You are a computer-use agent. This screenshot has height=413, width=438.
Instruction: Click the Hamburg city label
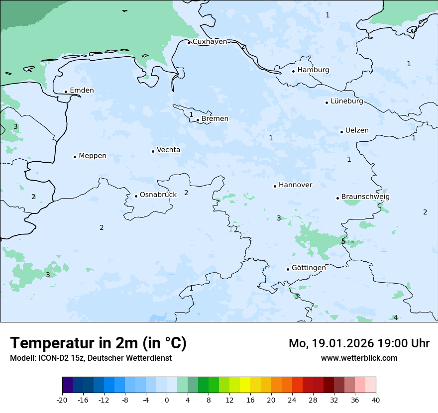[x=313, y=70]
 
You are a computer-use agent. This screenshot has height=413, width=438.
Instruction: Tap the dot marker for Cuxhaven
[x=189, y=43]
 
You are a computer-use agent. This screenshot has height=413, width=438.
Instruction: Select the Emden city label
[x=82, y=90]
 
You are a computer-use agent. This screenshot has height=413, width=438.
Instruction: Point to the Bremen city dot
[x=198, y=120]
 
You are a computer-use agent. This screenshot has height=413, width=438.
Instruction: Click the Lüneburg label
[x=346, y=101]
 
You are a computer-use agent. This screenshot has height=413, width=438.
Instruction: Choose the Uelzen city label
[x=357, y=130]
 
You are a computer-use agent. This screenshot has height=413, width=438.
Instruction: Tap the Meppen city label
[x=92, y=156]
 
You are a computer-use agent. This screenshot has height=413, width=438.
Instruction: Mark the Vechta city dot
[x=153, y=151]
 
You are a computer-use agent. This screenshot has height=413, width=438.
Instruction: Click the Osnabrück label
[x=158, y=195]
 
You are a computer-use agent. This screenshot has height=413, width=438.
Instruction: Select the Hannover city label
[x=295, y=185]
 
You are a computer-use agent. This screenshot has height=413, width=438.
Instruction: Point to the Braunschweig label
[x=365, y=197]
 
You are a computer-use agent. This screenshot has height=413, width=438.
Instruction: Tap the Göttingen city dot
[x=288, y=269]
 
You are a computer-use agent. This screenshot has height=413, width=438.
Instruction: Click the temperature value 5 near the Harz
[x=343, y=241]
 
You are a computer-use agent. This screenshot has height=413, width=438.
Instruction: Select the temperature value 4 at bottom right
[x=396, y=317]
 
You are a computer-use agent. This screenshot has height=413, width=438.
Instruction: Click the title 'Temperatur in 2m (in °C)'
[x=98, y=343]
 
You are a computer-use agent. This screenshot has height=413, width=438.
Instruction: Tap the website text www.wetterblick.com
[x=359, y=358]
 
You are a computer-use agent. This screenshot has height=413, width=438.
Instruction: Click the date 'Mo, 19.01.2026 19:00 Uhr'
[x=359, y=343]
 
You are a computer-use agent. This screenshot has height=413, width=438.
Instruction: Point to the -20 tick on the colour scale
[x=62, y=400]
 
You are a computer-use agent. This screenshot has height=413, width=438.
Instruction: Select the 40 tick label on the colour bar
[x=376, y=400]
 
